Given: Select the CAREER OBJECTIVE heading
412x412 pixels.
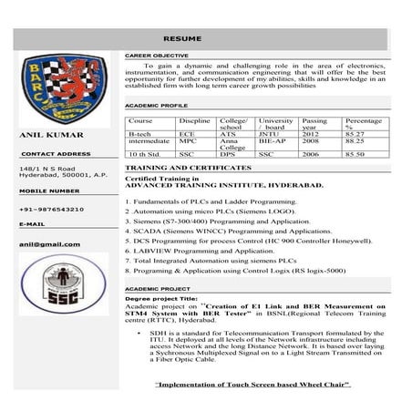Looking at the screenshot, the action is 150,56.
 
